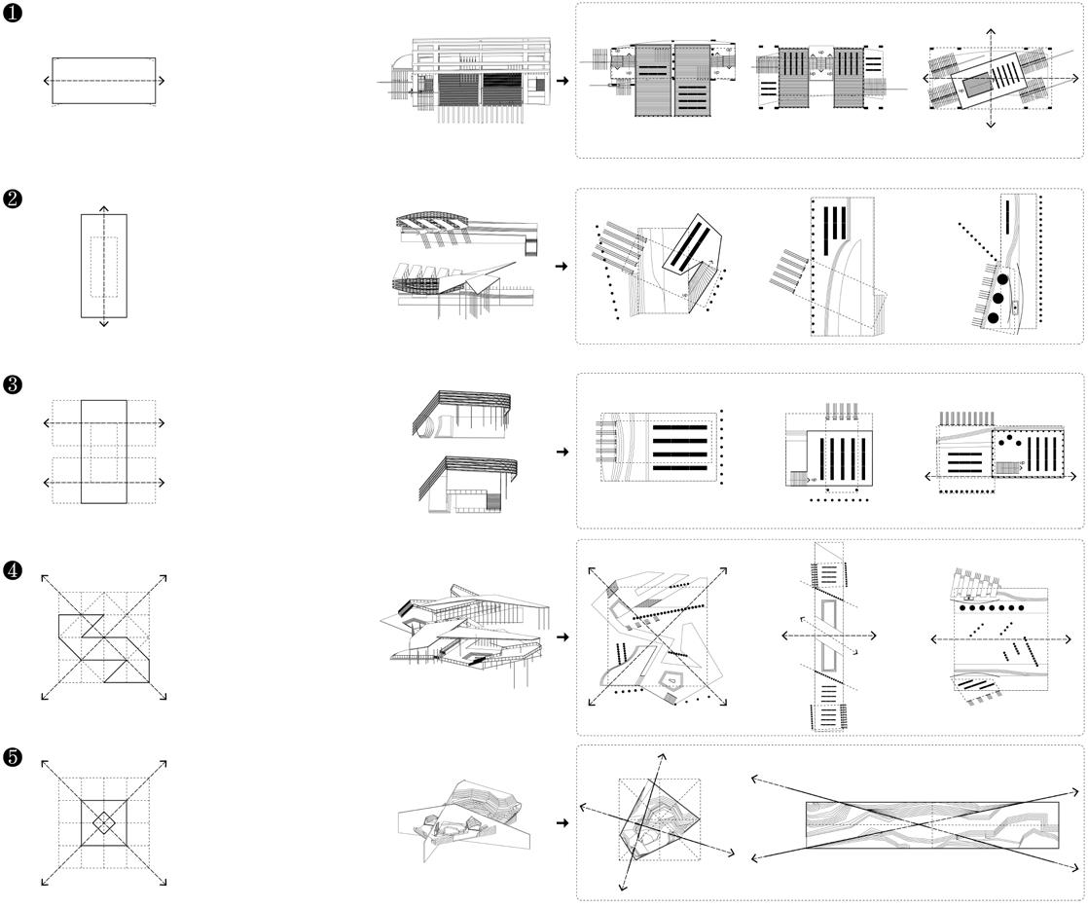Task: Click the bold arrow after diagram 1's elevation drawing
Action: point(562,81)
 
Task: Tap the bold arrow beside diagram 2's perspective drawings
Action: point(562,266)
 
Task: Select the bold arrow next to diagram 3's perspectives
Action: point(562,452)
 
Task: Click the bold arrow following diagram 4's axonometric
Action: point(562,637)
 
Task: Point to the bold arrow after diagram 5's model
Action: point(562,823)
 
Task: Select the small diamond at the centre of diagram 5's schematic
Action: point(104,823)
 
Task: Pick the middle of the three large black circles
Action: point(996,298)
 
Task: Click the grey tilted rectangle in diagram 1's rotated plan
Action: point(983,86)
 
